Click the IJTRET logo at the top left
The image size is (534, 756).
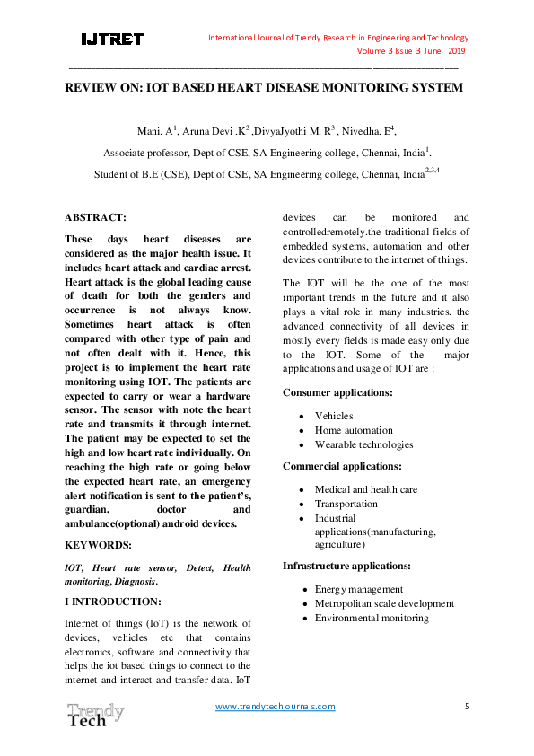[112, 40]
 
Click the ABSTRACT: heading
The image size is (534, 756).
[96, 217]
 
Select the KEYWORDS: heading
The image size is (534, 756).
[99, 545]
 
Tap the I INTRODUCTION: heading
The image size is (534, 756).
[113, 601]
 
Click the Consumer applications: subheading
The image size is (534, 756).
[337, 392]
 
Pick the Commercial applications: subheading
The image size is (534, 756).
[342, 466]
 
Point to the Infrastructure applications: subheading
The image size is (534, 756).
[346, 566]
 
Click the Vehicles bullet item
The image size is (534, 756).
[334, 416]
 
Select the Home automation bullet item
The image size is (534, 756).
[354, 430]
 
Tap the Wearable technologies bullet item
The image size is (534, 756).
[363, 444]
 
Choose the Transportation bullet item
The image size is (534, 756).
[346, 504]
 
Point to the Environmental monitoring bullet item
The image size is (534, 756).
[372, 618]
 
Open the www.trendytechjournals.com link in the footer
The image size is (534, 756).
[276, 706]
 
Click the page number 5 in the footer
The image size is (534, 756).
[467, 706]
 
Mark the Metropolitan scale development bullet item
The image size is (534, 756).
[384, 603]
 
